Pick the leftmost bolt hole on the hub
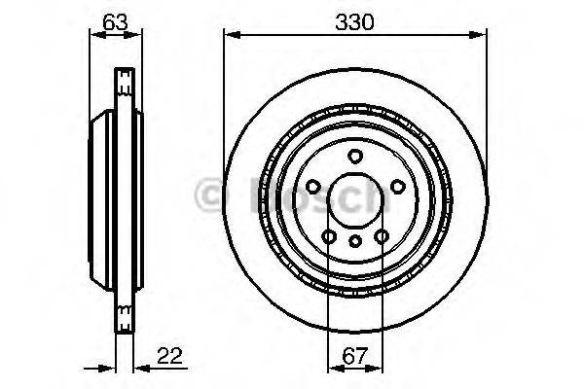[x=312, y=186]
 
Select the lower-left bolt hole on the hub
[x=329, y=234]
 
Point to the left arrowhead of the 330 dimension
[x=230, y=36]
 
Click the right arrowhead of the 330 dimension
[x=481, y=36]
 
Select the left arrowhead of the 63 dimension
[x=93, y=36]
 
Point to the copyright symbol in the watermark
[x=208, y=194]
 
